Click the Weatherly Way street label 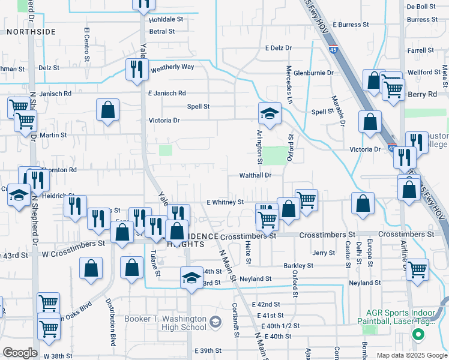tap(172, 67)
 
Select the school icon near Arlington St tap(270, 113)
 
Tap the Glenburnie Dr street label tap(313, 73)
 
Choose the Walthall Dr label tap(256, 175)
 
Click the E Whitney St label tap(225, 203)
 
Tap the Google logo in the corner tap(20, 353)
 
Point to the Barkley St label tap(298, 265)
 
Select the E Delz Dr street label tap(278, 47)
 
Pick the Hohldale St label tap(166, 19)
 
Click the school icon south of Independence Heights tap(191, 278)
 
